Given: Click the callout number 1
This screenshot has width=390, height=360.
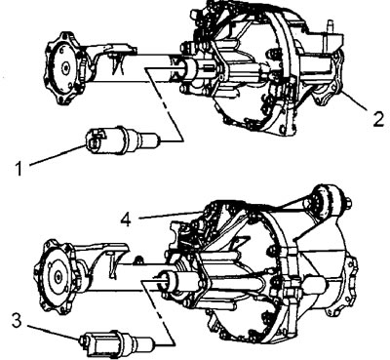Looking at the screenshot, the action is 19,169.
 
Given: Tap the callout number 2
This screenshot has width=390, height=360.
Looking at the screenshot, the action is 378,118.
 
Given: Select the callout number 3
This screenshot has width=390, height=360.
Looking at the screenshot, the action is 17,320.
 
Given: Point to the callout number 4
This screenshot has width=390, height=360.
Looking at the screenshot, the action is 126,220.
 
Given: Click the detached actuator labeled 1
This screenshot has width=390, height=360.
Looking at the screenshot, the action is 123,140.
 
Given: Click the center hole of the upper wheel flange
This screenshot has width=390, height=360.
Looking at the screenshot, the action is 66,68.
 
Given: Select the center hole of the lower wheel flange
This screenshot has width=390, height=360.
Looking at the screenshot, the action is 58,277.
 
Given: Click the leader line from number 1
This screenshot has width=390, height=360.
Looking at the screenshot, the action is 58,156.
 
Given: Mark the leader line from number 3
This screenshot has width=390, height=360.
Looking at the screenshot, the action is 53,332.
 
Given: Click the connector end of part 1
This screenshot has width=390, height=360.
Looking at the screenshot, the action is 94,140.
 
